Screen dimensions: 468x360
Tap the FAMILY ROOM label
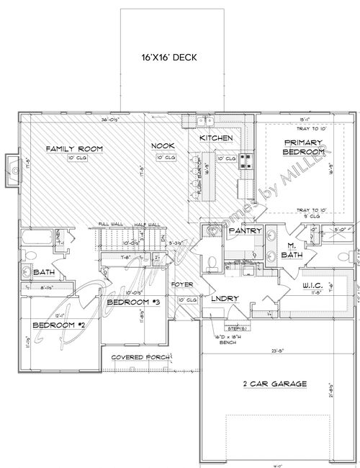(x=74, y=148)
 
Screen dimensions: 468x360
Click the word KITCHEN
(x=215, y=138)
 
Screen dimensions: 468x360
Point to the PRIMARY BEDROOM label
(x=302, y=148)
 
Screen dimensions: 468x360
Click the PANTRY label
(x=238, y=231)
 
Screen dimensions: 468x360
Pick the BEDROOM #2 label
(x=58, y=325)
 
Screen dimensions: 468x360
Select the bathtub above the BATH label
(x=37, y=238)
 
